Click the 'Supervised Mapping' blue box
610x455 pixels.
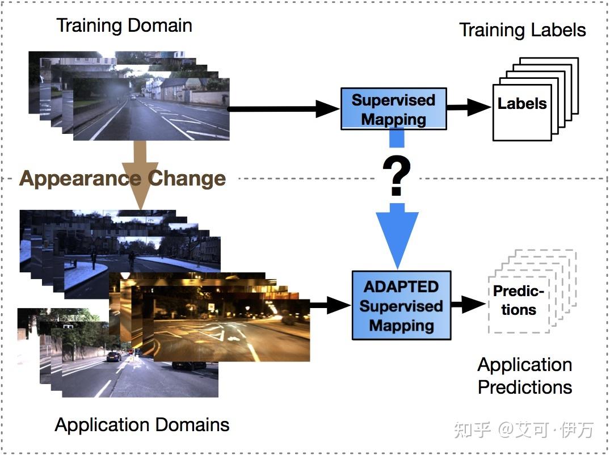[x=393, y=109]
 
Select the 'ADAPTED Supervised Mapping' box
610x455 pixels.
[x=401, y=306]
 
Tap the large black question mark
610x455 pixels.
[x=397, y=176]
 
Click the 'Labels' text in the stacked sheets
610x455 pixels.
[x=521, y=104]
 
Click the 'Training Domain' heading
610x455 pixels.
[x=124, y=26]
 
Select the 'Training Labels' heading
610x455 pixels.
[x=522, y=30]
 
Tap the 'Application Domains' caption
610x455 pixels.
[x=142, y=425]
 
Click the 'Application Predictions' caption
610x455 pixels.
[x=524, y=376]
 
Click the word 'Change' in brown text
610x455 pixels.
[x=187, y=179]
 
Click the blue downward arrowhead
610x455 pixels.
[x=397, y=238]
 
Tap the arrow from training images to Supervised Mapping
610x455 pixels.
[x=284, y=109]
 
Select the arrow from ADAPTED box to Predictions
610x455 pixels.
[x=468, y=305]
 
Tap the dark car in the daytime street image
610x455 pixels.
[x=113, y=356]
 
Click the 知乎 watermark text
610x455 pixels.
[x=472, y=430]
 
